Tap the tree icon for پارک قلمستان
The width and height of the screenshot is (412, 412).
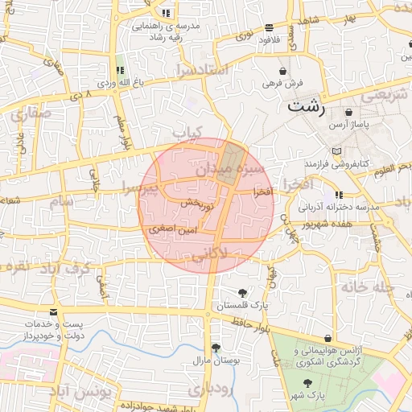(242, 293)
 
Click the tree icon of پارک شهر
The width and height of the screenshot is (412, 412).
(307, 381)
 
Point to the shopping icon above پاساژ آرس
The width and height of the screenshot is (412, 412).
(348, 112)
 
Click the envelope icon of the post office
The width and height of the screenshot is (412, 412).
(54, 313)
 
